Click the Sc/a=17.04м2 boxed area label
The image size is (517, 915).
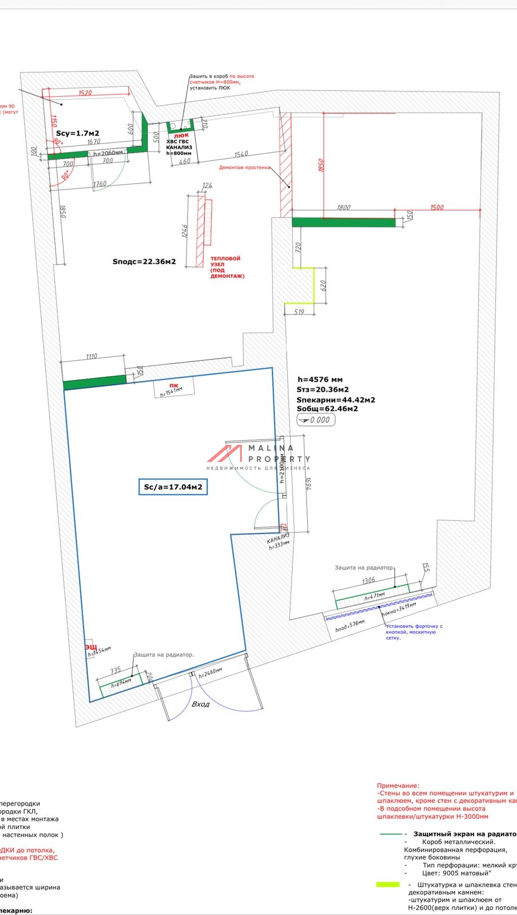coord(173,487)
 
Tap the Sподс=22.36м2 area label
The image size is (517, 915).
coord(144,262)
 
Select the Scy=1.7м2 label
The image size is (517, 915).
coord(77,133)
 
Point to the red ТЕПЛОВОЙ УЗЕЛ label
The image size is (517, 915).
coord(226,267)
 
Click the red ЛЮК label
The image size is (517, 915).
coord(181,136)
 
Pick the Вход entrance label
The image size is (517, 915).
coord(200,704)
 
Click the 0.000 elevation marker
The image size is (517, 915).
coord(316,420)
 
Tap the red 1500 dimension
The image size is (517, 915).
coord(436,207)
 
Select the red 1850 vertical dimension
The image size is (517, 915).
coord(321,165)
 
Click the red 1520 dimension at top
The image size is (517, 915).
coord(85,93)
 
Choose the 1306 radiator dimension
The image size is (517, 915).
coord(369,580)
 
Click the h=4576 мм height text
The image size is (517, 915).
coord(320,379)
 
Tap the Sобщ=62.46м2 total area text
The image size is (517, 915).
coord(327,409)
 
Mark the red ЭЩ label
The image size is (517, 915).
coord(91,647)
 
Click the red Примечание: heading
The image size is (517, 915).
coord(398,786)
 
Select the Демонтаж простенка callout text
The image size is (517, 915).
coord(244,168)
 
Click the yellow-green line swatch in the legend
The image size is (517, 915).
coord(388,885)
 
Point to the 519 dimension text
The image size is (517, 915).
coord(299,312)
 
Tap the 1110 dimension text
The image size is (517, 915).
coord(92,356)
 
